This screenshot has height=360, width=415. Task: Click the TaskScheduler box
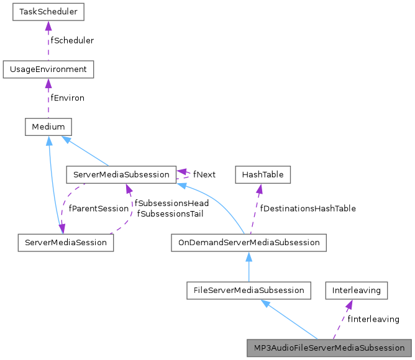[x=48, y=12]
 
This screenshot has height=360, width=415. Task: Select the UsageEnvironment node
[x=48, y=70]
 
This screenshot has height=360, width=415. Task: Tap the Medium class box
[x=48, y=127]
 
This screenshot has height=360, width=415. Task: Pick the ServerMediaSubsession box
[x=121, y=175]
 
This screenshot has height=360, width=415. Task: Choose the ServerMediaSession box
[x=65, y=242]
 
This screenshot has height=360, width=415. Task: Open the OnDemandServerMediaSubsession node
[x=249, y=242]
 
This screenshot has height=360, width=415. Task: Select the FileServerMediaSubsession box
[x=249, y=290]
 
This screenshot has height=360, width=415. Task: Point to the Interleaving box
[x=357, y=290]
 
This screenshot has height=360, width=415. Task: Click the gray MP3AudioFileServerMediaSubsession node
[x=329, y=348]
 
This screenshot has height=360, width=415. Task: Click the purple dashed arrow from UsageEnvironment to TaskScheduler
[x=48, y=41]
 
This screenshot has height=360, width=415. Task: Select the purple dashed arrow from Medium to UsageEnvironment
[x=48, y=99]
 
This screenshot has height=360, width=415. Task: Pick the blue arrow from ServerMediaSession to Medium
[x=52, y=186]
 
